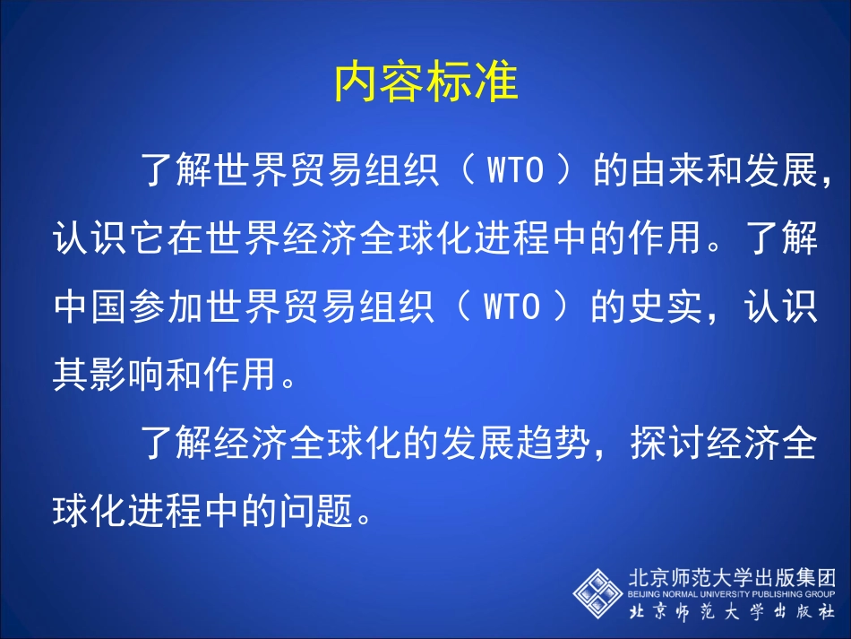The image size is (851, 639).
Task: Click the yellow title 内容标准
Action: pos(425,83)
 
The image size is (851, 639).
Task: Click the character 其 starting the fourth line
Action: pos(71,376)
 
